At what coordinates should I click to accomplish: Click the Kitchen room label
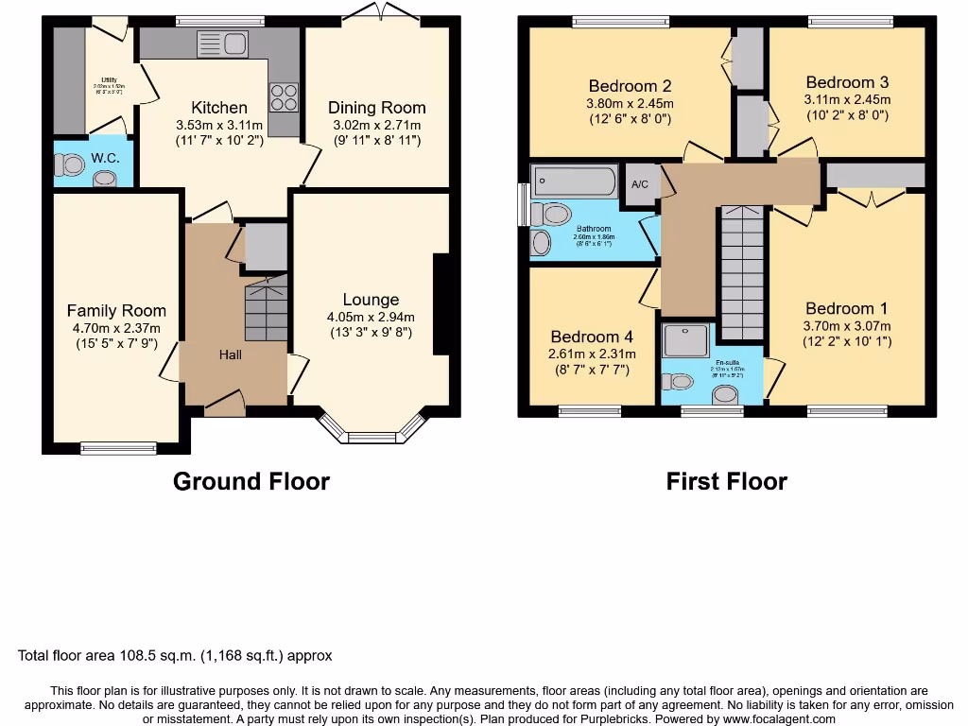pyautogui.click(x=219, y=108)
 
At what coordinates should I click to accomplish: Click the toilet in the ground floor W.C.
pyautogui.click(x=71, y=165)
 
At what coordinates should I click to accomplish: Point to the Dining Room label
pyautogui.click(x=376, y=108)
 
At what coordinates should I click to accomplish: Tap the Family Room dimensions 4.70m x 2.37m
pyautogui.click(x=116, y=328)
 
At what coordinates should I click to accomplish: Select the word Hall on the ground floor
pyautogui.click(x=231, y=354)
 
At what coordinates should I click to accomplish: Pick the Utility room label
pyautogui.click(x=110, y=81)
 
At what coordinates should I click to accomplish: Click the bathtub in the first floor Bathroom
pyautogui.click(x=574, y=181)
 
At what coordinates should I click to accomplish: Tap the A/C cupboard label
pyautogui.click(x=640, y=183)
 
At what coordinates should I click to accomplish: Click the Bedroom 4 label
pyautogui.click(x=592, y=337)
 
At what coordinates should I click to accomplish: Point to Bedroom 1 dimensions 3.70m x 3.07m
pyautogui.click(x=848, y=326)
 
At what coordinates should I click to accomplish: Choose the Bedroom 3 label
pyautogui.click(x=847, y=82)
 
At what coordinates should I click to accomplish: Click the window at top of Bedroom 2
pyautogui.click(x=620, y=21)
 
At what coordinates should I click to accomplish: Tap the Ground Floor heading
pyautogui.click(x=251, y=481)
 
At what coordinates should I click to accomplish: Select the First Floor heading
pyautogui.click(x=726, y=481)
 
